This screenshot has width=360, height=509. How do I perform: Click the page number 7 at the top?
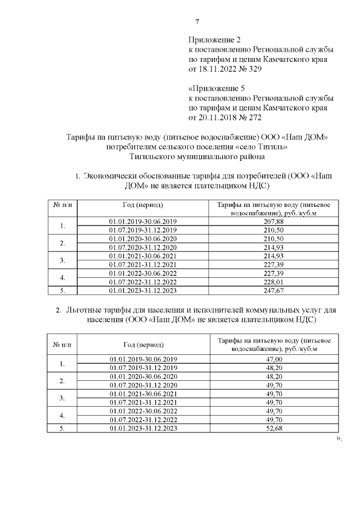tap(197, 22)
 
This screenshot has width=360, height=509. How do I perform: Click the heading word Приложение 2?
tap(214, 40)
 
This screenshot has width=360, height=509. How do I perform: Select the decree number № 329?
tap(251, 69)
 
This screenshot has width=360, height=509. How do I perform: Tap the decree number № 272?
tap(251, 118)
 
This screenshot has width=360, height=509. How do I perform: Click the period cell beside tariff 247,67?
tap(143, 290)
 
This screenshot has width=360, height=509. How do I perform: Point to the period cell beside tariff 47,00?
tap(143, 359)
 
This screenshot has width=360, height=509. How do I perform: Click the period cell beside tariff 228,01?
tap(143, 281)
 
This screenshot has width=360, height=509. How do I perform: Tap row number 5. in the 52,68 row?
tap(62, 429)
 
